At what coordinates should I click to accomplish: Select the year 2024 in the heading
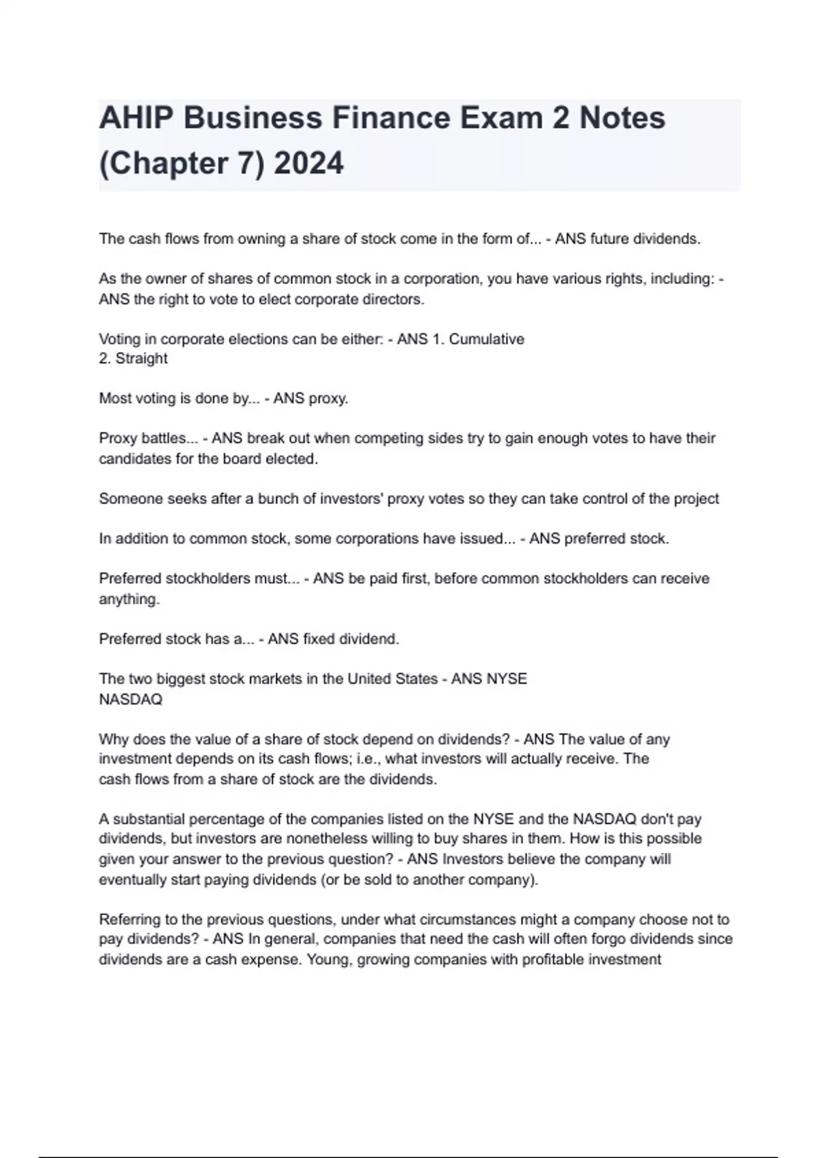[x=308, y=163]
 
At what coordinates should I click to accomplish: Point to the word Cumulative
[x=486, y=339]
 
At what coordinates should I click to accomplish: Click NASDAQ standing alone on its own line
[x=131, y=699]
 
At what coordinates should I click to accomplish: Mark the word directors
[x=394, y=299]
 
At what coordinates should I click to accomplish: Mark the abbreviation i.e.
[x=368, y=759]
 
